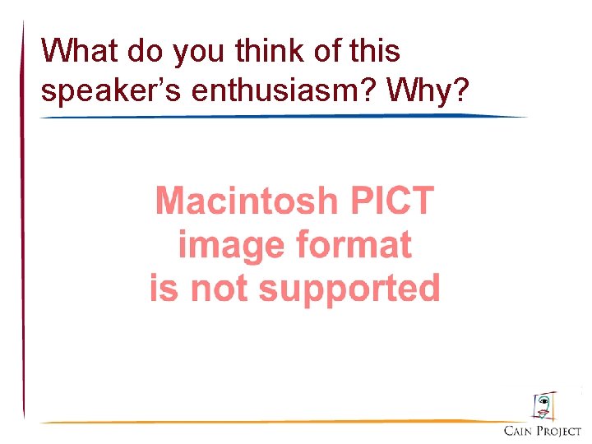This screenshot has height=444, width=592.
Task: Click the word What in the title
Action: pos(80,51)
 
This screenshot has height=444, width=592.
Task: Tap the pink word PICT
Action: pos(391,201)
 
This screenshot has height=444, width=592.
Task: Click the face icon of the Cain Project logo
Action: pos(543,406)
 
